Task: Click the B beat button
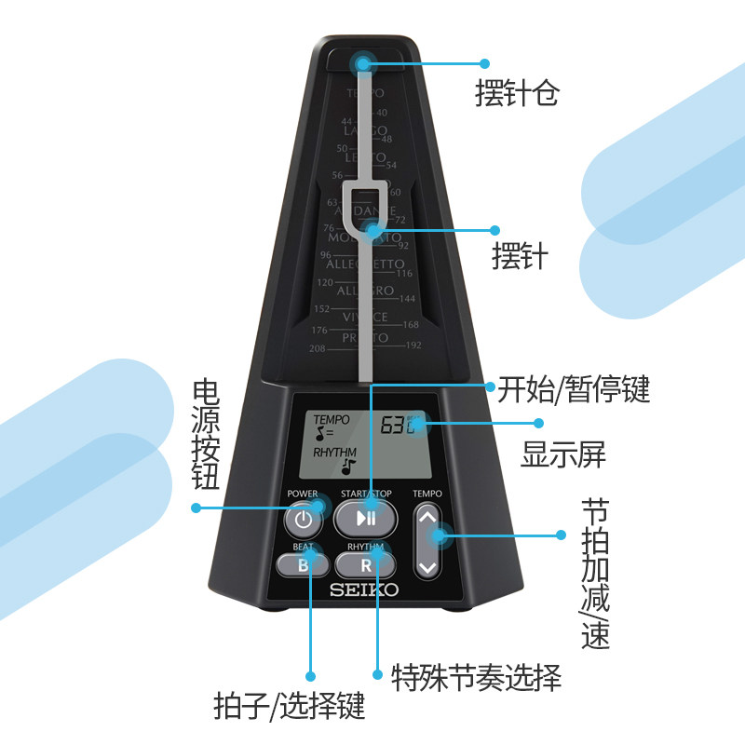click(302, 564)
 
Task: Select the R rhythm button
click(366, 564)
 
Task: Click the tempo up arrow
click(427, 516)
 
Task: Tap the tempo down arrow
click(427, 565)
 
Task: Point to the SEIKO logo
click(364, 589)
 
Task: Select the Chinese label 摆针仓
click(517, 93)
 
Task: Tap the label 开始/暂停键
click(573, 388)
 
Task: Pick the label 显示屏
click(563, 455)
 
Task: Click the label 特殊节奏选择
click(477, 677)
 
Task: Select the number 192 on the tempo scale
click(413, 344)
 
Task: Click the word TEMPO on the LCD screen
click(332, 420)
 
